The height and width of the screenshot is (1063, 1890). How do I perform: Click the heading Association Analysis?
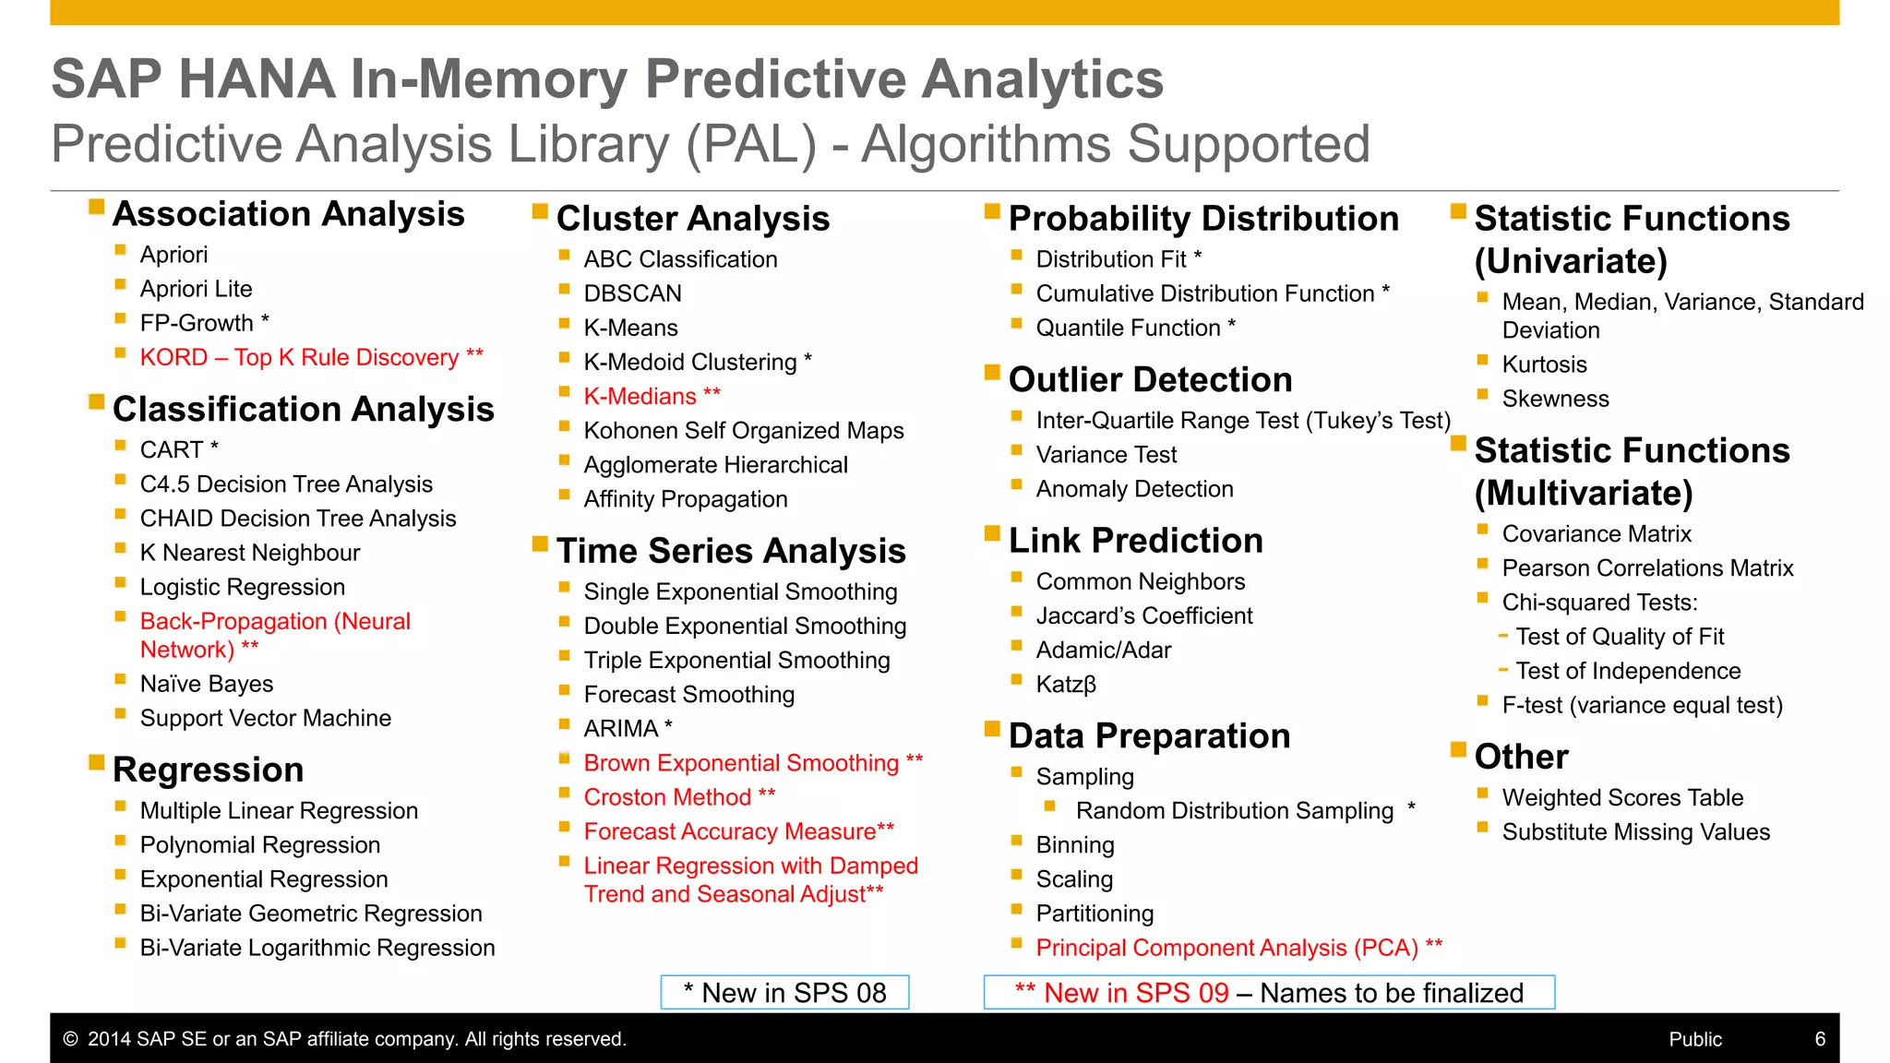click(x=288, y=214)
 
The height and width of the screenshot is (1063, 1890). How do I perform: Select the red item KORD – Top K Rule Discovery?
click(x=300, y=357)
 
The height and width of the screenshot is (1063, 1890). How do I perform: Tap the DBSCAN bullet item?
click(x=632, y=293)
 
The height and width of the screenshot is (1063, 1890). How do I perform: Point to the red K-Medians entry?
click(x=640, y=397)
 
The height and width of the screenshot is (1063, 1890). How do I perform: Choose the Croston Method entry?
click(x=667, y=797)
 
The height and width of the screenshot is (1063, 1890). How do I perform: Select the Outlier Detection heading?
click(x=1150, y=380)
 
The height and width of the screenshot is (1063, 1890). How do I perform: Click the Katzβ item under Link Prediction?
click(x=1066, y=685)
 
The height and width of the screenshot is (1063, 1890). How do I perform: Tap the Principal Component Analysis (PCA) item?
click(x=1226, y=948)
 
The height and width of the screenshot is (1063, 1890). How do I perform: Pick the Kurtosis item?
click(x=1544, y=364)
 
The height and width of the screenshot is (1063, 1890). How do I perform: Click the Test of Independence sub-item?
click(x=1627, y=671)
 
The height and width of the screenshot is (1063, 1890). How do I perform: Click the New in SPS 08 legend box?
click(x=784, y=993)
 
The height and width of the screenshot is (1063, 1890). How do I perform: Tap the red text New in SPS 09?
click(x=1135, y=993)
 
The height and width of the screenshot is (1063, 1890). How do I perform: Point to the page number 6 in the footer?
click(x=1820, y=1039)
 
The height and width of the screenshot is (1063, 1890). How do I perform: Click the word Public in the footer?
click(x=1695, y=1039)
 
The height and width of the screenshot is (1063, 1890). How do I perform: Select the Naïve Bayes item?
click(x=207, y=684)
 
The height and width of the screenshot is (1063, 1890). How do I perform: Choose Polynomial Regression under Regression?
click(x=259, y=845)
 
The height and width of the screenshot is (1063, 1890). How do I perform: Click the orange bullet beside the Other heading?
click(x=1458, y=749)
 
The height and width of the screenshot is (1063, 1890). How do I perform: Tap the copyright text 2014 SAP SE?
click(x=355, y=1039)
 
